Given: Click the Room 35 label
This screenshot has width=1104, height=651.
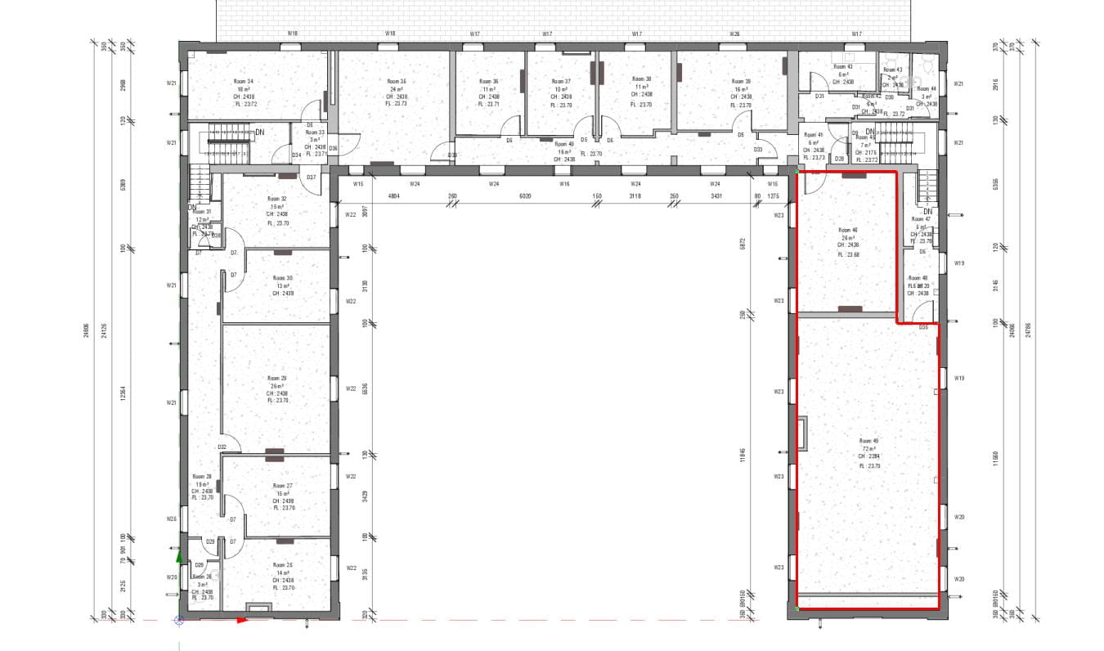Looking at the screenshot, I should point(397,82).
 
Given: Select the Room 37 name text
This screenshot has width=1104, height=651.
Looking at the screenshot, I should point(561,82).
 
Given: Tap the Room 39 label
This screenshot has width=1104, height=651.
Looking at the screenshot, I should point(741,82).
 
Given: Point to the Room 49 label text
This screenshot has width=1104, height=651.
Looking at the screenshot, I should point(868,442).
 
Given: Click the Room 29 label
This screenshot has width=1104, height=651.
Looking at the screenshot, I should point(277,379).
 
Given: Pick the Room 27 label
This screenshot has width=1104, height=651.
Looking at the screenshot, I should point(283,486).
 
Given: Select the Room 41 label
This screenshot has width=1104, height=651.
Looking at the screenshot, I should point(813,135).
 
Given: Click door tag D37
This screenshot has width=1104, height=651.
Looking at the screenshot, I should point(311,177).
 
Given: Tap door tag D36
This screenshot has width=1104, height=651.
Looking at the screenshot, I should point(334,148).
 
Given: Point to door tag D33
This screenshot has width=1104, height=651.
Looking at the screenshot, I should point(758,150).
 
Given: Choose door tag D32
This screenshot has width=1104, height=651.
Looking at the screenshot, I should point(222,447).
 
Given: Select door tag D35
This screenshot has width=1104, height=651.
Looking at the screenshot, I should point(923,327).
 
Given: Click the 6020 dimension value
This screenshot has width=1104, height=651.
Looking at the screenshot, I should point(526,196).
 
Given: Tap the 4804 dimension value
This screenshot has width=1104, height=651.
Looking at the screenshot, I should point(393,196).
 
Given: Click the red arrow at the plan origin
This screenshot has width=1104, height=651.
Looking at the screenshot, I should point(241,620).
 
